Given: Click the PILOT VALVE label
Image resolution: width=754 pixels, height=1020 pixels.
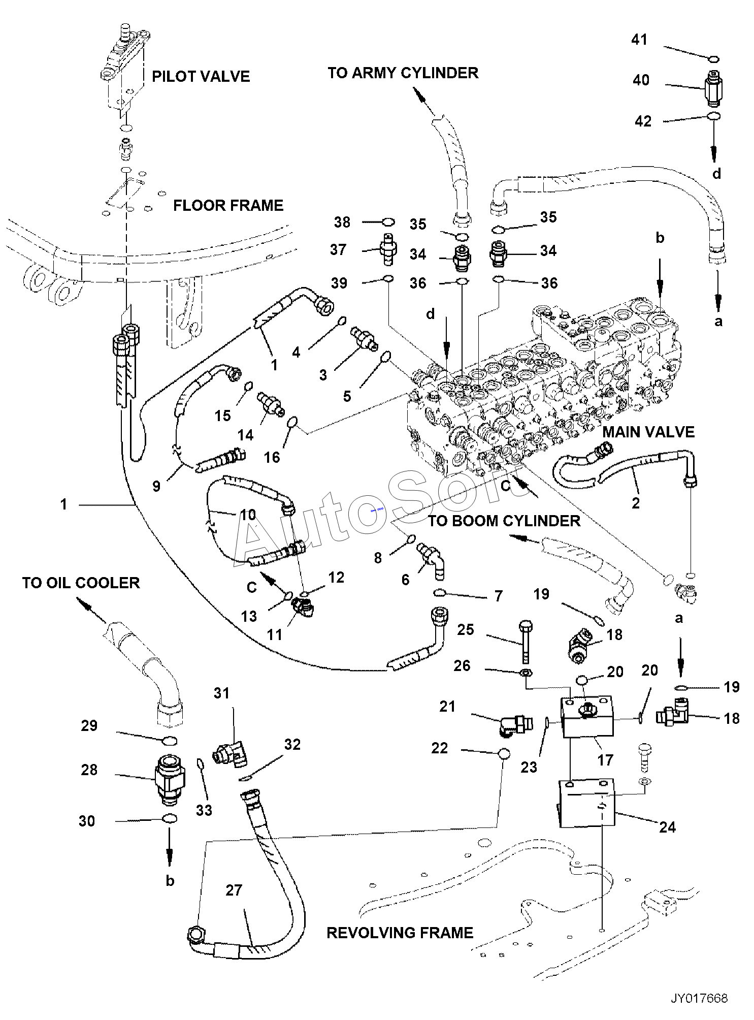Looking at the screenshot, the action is tap(201, 77).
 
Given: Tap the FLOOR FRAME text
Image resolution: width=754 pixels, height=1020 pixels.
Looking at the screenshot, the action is tap(228, 206).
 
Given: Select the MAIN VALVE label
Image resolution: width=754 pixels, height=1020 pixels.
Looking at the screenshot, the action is tap(648, 432).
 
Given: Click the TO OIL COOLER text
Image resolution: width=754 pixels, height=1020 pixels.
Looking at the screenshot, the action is tap(81, 583).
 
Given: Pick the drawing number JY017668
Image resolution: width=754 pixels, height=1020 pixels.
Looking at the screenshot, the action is tap(699, 998).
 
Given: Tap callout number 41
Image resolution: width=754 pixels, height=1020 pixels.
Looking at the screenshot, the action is tap(639, 40).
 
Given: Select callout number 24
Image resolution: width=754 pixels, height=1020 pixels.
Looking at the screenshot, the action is tap(667, 827).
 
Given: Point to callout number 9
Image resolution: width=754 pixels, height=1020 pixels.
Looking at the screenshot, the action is tap(156, 486).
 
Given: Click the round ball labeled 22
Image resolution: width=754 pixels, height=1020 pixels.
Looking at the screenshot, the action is tap(503, 754).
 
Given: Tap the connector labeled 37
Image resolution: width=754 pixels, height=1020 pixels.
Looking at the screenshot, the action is tap(388, 249).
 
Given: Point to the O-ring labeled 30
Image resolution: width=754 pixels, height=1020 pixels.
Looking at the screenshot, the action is tap(171, 818).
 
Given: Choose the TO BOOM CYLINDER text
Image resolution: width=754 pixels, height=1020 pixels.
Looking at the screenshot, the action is tap(504, 521).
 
